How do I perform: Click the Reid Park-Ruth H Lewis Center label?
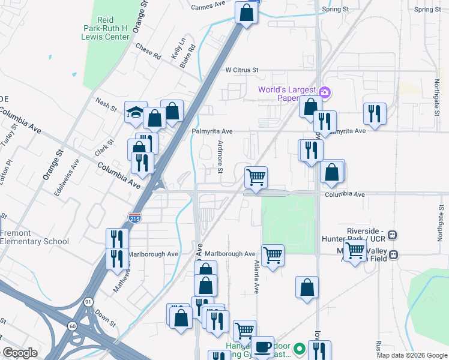pos(106,28)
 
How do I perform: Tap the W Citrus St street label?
pos(241,70)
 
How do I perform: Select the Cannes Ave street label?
pos(208,7)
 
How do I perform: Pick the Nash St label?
pos(106,103)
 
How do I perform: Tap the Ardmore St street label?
pos(220,155)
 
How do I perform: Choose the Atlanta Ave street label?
pos(256,277)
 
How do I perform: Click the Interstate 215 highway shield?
pos(135,217)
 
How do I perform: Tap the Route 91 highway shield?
pos(88,302)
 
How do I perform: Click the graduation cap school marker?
pos(136,111)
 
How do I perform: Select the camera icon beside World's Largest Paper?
pos(325,91)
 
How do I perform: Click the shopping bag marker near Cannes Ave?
pos(246,12)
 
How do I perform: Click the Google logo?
pos(20,352)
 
